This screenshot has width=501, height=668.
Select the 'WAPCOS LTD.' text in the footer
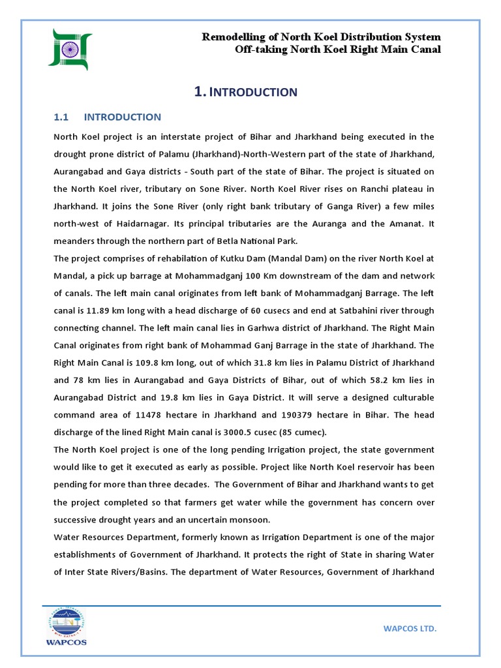pyautogui.click(x=408, y=628)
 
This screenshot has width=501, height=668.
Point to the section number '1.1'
pyautogui.click(x=61, y=117)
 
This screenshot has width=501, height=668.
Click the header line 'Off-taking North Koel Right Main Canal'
pyautogui.click(x=338, y=50)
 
